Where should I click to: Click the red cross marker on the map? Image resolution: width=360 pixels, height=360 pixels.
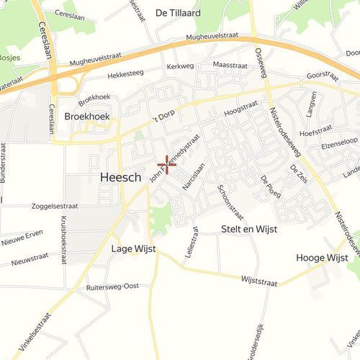(x=166, y=164)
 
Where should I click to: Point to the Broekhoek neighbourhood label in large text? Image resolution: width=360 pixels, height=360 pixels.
(x=86, y=115)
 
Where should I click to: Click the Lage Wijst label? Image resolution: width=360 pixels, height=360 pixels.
(x=133, y=249)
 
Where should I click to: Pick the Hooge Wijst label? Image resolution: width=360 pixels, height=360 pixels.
(x=322, y=257)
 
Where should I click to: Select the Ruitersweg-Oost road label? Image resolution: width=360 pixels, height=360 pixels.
(x=112, y=287)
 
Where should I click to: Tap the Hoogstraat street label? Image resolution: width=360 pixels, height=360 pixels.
(x=240, y=109)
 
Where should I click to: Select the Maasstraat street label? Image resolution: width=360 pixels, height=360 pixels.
(x=230, y=65)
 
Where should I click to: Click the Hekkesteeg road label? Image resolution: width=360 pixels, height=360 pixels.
(x=126, y=74)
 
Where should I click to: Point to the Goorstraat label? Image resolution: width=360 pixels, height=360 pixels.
(x=322, y=74)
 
